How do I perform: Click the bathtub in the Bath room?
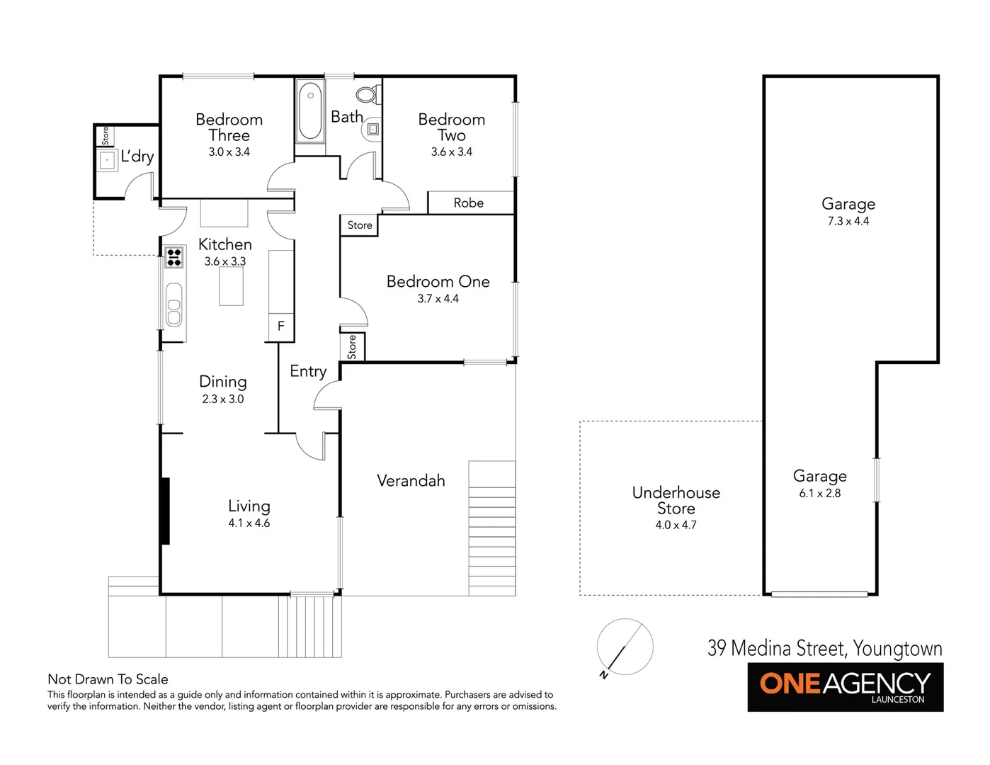point(310,111)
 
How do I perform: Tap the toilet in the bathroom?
point(367,94)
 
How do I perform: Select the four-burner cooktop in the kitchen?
point(174,256)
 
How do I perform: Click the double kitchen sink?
point(174,305)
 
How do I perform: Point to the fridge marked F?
point(281,327)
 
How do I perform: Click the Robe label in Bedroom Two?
point(469,203)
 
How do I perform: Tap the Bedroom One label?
point(438,282)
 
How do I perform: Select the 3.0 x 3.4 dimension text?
point(229,152)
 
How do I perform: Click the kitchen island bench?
point(231,286)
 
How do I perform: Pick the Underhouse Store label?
point(676,500)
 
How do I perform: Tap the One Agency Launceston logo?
point(845,686)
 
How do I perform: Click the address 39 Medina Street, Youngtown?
point(824,648)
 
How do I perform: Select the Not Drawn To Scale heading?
point(108,679)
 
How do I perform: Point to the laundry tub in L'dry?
point(107,161)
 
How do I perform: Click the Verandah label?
point(411,481)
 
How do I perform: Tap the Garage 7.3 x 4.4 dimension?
point(848,221)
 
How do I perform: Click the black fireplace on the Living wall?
point(165,511)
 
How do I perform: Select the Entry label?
point(308,371)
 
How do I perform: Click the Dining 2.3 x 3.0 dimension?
point(222,399)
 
